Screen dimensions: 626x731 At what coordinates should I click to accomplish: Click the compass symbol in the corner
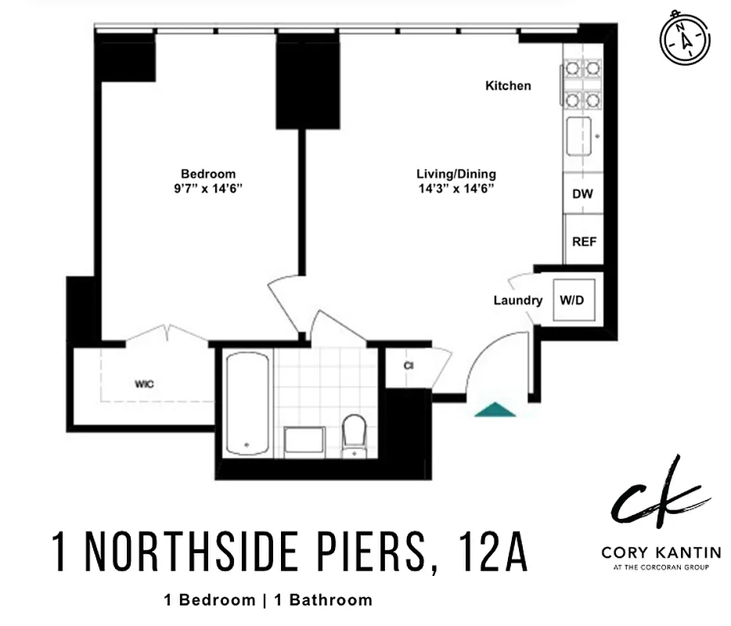click(686, 39)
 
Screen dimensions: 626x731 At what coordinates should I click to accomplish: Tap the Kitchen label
click(508, 86)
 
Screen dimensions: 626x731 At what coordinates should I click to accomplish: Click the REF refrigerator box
click(584, 242)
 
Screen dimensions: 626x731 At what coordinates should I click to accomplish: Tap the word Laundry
click(517, 300)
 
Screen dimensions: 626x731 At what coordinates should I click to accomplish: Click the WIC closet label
click(143, 384)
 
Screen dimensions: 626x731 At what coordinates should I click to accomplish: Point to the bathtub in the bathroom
click(247, 403)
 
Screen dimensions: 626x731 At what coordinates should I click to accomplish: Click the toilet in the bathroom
click(355, 434)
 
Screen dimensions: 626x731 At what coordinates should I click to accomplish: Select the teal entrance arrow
click(495, 409)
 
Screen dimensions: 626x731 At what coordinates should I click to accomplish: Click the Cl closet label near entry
click(409, 365)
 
